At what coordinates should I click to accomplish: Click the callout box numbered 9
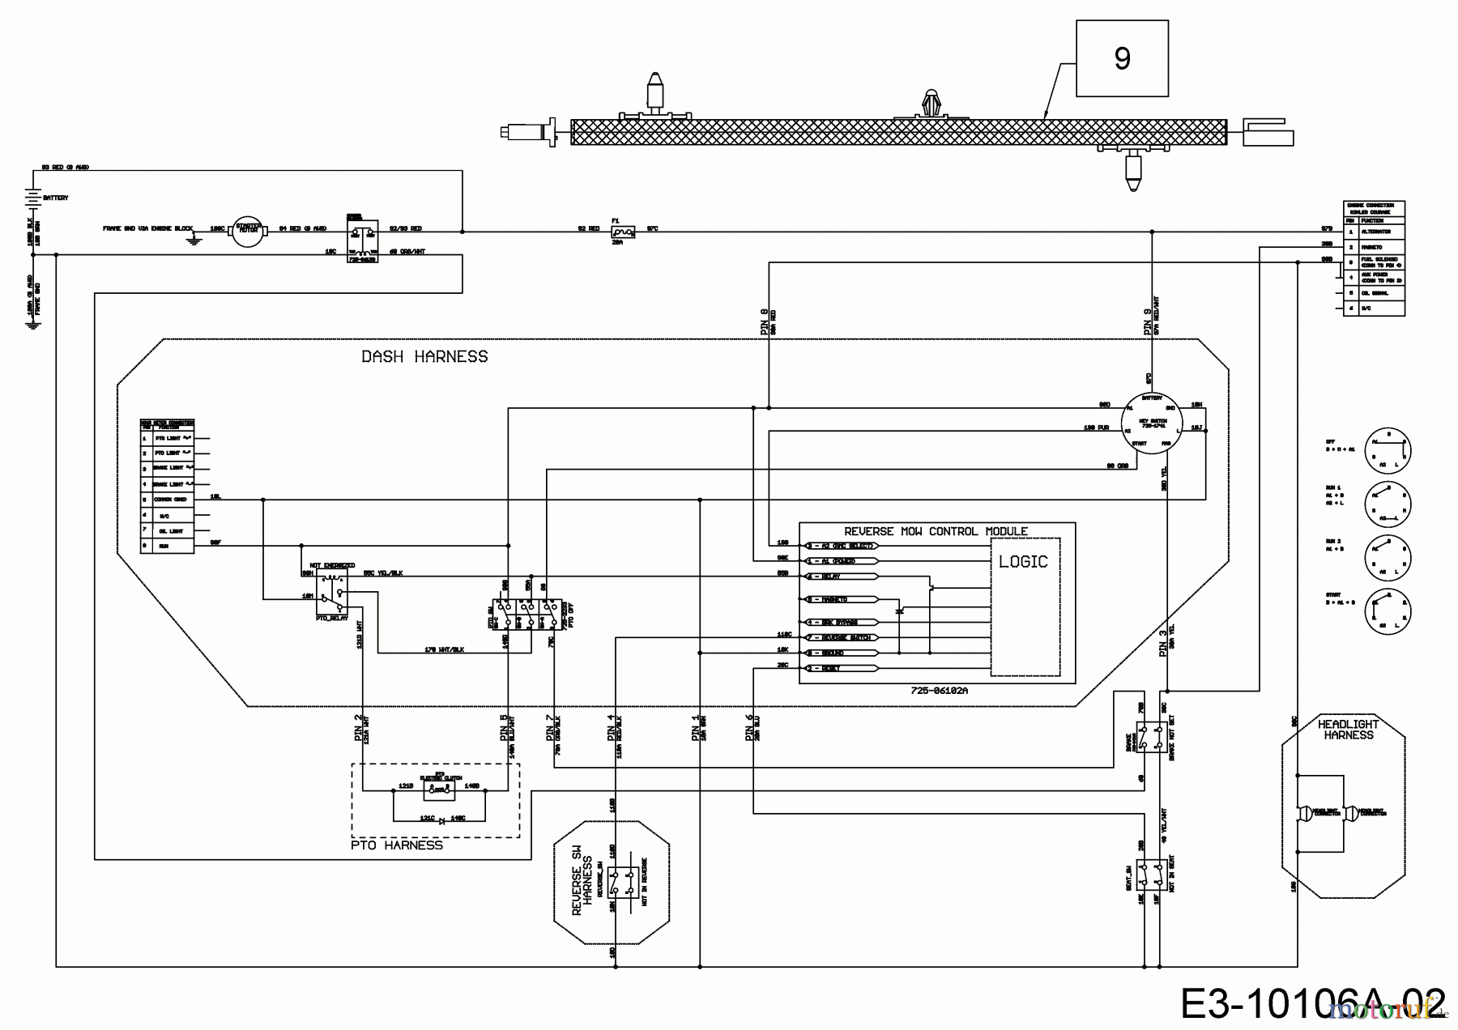tap(1122, 58)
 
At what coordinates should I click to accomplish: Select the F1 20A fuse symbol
tap(623, 232)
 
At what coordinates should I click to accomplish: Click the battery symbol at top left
tap(32, 197)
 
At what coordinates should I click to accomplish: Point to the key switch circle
tap(1152, 423)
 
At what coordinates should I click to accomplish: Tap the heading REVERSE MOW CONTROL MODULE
tap(936, 531)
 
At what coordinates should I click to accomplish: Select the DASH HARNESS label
tap(424, 356)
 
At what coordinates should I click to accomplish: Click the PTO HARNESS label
tap(397, 845)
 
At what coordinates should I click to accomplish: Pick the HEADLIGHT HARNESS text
tap(1349, 730)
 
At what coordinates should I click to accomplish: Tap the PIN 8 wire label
tap(765, 321)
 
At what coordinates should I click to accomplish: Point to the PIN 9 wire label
tap(1148, 321)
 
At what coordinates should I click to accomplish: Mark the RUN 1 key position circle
tap(1388, 502)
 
